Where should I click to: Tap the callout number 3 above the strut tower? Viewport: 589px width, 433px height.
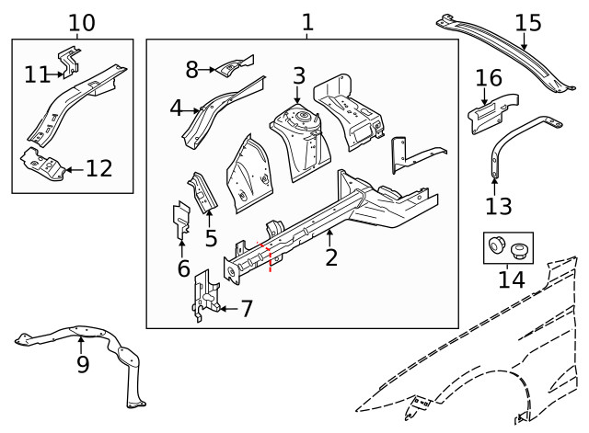click(x=299, y=75)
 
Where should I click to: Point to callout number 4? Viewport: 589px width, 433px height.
click(x=176, y=108)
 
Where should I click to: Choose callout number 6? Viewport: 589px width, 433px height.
click(x=182, y=268)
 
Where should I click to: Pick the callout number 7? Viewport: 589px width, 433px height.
click(x=245, y=308)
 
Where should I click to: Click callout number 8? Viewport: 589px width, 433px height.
click(x=191, y=69)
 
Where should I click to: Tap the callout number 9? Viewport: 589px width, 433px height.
click(x=82, y=365)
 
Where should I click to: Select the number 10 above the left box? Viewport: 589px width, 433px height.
click(x=81, y=22)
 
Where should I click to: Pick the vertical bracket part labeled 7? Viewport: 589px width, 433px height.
click(x=204, y=296)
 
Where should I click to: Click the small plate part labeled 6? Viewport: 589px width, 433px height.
click(x=180, y=220)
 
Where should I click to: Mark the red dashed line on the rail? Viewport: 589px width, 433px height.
click(x=269, y=257)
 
